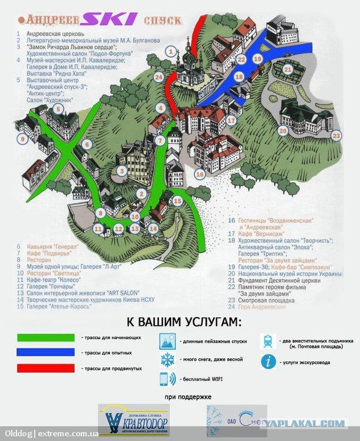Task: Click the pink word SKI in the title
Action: tap(111, 20)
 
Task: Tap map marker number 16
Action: tap(200, 174)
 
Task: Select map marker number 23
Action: tap(336, 136)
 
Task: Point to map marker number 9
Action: tap(23, 139)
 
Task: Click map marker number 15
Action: tap(177, 201)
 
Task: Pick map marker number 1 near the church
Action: tap(171, 52)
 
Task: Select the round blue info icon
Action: tap(269, 362)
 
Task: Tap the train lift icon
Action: tap(269, 341)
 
